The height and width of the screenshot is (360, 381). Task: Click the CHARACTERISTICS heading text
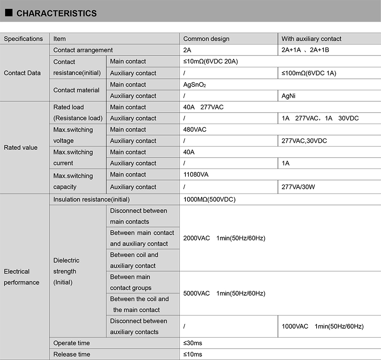pos(56,14)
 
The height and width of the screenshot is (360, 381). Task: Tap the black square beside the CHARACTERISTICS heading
pos(8,13)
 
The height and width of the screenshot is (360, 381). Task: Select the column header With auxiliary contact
pos(311,39)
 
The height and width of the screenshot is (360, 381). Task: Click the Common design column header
pos(206,39)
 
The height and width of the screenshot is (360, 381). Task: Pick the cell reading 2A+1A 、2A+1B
pos(305,50)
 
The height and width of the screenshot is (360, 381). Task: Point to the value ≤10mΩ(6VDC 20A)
pos(210,61)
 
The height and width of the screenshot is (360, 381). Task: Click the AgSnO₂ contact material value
pos(194,85)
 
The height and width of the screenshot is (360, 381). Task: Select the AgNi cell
pos(288,96)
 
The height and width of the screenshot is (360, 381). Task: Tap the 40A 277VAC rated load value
pos(203,107)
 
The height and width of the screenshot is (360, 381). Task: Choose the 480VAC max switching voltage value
pos(195,130)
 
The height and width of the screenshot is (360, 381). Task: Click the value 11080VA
pos(196,174)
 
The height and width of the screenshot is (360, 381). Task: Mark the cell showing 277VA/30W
pos(298,187)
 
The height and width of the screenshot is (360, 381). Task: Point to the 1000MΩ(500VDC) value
pos(209,199)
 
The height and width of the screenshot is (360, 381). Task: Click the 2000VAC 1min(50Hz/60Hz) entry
pos(224,238)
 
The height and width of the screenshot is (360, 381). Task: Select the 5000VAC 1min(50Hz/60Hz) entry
pos(224,293)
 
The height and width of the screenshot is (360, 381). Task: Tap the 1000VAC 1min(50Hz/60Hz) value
pos(322,326)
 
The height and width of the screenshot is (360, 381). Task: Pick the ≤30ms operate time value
pos(193,343)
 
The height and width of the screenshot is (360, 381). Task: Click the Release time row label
pos(72,354)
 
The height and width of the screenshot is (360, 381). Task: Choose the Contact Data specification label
pos(22,73)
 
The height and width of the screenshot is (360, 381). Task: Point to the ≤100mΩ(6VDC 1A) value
pos(309,73)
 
